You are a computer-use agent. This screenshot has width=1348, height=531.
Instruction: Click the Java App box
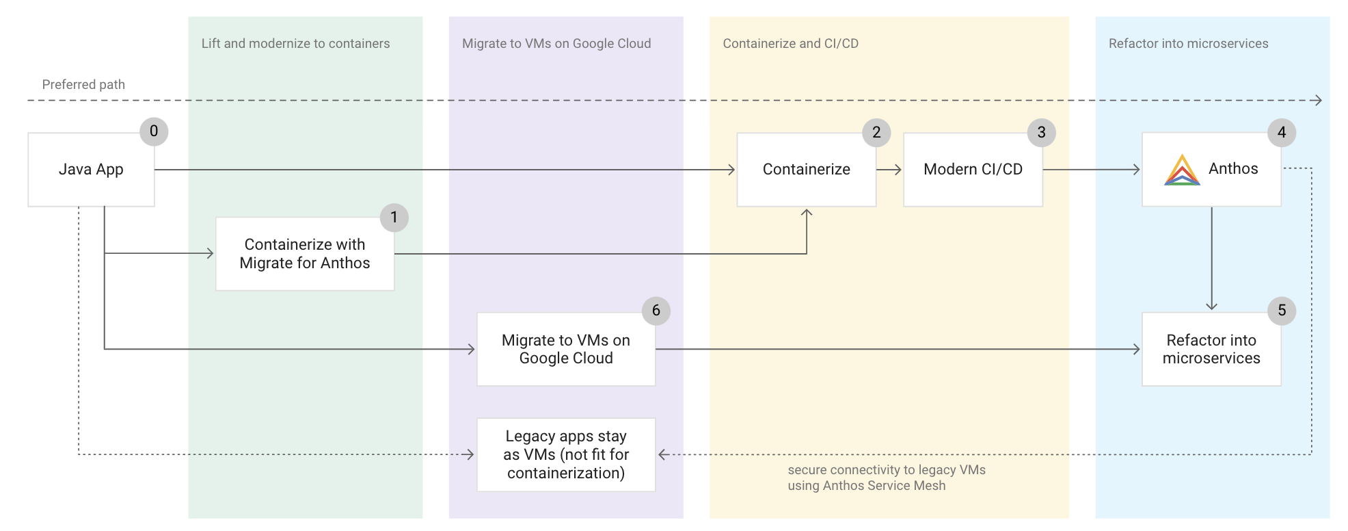(91, 170)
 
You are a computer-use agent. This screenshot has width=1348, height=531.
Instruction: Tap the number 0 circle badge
(154, 131)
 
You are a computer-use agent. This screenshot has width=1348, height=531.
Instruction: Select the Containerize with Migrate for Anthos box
(304, 254)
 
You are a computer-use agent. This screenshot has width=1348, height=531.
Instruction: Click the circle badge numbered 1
(394, 218)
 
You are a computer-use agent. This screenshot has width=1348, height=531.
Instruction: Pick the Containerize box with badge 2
(806, 170)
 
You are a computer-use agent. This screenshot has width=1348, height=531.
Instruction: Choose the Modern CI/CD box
(972, 170)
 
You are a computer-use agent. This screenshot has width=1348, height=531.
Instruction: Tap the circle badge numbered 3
(1041, 133)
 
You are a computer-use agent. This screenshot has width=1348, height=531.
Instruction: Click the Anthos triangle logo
(1182, 170)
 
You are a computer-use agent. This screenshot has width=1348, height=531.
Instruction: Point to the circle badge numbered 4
(1282, 133)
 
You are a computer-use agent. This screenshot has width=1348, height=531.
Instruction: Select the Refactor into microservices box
(1211, 350)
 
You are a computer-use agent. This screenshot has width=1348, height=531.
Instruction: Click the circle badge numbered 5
(1282, 311)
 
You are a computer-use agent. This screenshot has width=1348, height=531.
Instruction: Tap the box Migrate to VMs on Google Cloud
(565, 350)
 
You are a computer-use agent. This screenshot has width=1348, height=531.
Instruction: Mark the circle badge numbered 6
(656, 311)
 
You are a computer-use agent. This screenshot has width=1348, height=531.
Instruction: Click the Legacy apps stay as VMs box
(565, 455)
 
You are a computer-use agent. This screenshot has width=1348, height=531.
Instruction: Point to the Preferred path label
(83, 85)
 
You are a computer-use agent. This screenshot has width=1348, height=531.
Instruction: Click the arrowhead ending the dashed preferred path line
(1318, 101)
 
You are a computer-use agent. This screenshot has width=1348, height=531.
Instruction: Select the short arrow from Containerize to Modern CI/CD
(889, 170)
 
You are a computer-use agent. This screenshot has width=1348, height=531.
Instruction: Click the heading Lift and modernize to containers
(295, 44)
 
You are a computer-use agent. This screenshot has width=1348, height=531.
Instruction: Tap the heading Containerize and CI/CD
(790, 44)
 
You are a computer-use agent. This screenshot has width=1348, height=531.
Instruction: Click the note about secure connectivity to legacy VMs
(886, 478)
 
